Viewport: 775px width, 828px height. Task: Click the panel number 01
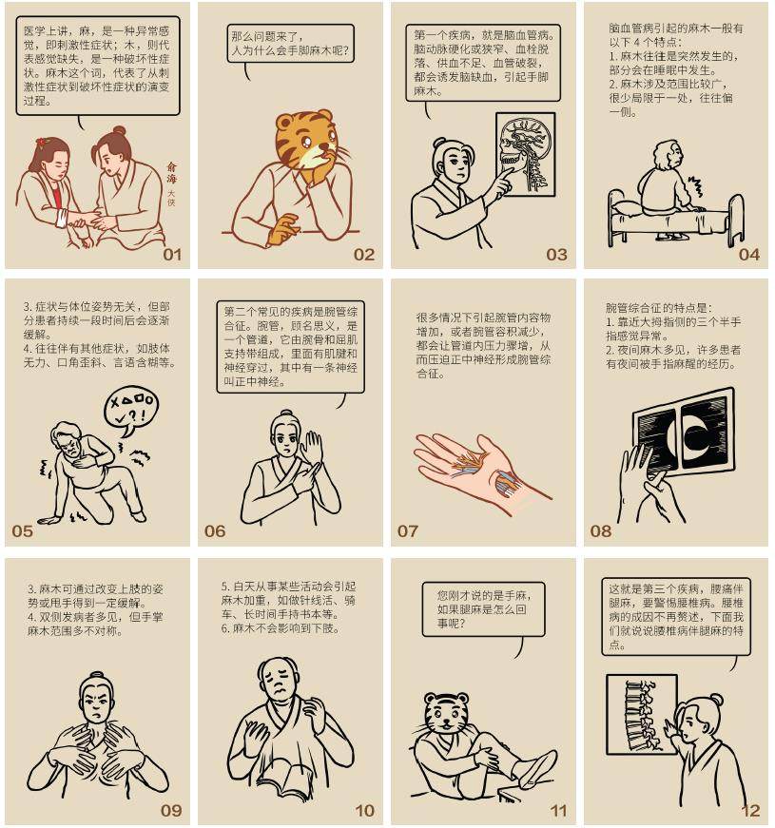[172, 255]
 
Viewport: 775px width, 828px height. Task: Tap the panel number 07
[407, 531]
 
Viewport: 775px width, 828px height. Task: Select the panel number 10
[364, 811]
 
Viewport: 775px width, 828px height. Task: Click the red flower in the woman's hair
[43, 142]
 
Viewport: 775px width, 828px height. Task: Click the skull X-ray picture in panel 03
[525, 154]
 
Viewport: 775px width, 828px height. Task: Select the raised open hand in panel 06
[311, 447]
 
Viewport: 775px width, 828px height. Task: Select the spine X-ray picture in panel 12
[641, 714]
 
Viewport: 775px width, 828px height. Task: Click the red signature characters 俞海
[172, 173]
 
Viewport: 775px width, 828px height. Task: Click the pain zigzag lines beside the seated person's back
[695, 187]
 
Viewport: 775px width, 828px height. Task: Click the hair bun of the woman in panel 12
[716, 700]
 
